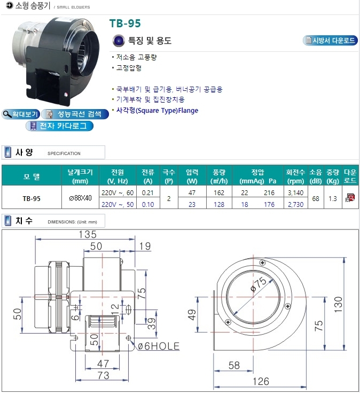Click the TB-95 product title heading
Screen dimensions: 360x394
pyautogui.click(x=125, y=24)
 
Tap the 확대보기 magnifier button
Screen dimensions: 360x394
pyautogui.click(x=21, y=114)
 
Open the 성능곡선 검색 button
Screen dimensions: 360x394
pyautogui.click(x=75, y=114)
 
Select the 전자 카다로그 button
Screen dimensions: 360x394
pyautogui.click(x=59, y=126)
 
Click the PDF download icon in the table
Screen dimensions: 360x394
pyautogui.click(x=350, y=198)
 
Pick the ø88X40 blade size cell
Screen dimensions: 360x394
pyautogui.click(x=80, y=198)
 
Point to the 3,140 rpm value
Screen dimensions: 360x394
pyautogui.click(x=295, y=193)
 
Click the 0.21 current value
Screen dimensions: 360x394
pyautogui.click(x=147, y=193)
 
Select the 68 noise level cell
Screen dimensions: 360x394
pyautogui.click(x=316, y=198)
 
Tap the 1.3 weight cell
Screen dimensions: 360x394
pyautogui.click(x=333, y=198)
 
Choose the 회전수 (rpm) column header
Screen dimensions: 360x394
pyautogui.click(x=295, y=176)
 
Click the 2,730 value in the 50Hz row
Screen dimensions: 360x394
pyautogui.click(x=295, y=205)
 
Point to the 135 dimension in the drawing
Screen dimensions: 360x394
pyautogui.click(x=88, y=235)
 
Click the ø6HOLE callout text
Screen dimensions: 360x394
pyautogui.click(x=159, y=346)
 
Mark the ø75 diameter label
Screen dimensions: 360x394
pyautogui.click(x=259, y=284)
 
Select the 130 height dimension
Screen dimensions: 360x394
pyautogui.click(x=338, y=304)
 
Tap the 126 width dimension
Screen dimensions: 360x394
pyautogui.click(x=261, y=381)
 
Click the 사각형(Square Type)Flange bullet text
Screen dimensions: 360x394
pyautogui.click(x=157, y=111)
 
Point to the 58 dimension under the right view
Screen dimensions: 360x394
pyautogui.click(x=234, y=365)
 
